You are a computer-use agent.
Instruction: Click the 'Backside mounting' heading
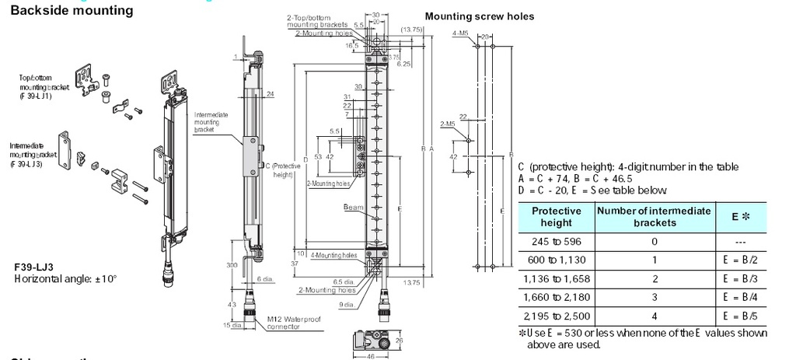(66, 11)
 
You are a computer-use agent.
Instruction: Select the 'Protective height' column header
(556, 216)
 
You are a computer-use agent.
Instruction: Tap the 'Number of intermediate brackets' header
(653, 216)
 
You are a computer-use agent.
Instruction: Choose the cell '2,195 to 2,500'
(556, 316)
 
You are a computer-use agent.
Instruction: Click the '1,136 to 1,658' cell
(556, 279)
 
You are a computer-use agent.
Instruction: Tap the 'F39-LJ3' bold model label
(33, 267)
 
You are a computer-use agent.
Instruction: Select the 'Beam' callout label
(353, 208)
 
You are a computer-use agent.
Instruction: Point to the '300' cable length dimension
(232, 266)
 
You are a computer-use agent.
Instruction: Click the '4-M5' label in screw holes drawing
(459, 34)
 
